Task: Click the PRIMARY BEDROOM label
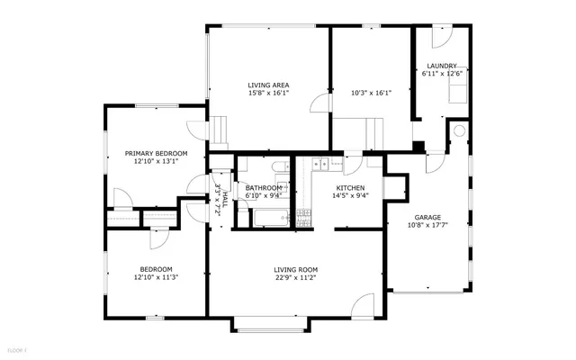pyautogui.click(x=156, y=154)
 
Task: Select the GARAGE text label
pyautogui.click(x=427, y=217)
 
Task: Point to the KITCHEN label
pyautogui.click(x=350, y=188)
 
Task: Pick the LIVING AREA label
pyautogui.click(x=268, y=85)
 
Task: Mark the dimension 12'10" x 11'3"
pyautogui.click(x=156, y=277)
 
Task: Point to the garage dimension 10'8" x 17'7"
pyautogui.click(x=427, y=225)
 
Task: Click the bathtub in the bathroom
pyautogui.click(x=269, y=217)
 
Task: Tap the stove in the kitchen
pyautogui.click(x=303, y=215)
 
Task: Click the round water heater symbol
pyautogui.click(x=459, y=130)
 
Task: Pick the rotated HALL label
pyautogui.click(x=219, y=196)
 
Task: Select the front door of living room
pyautogui.click(x=362, y=307)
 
